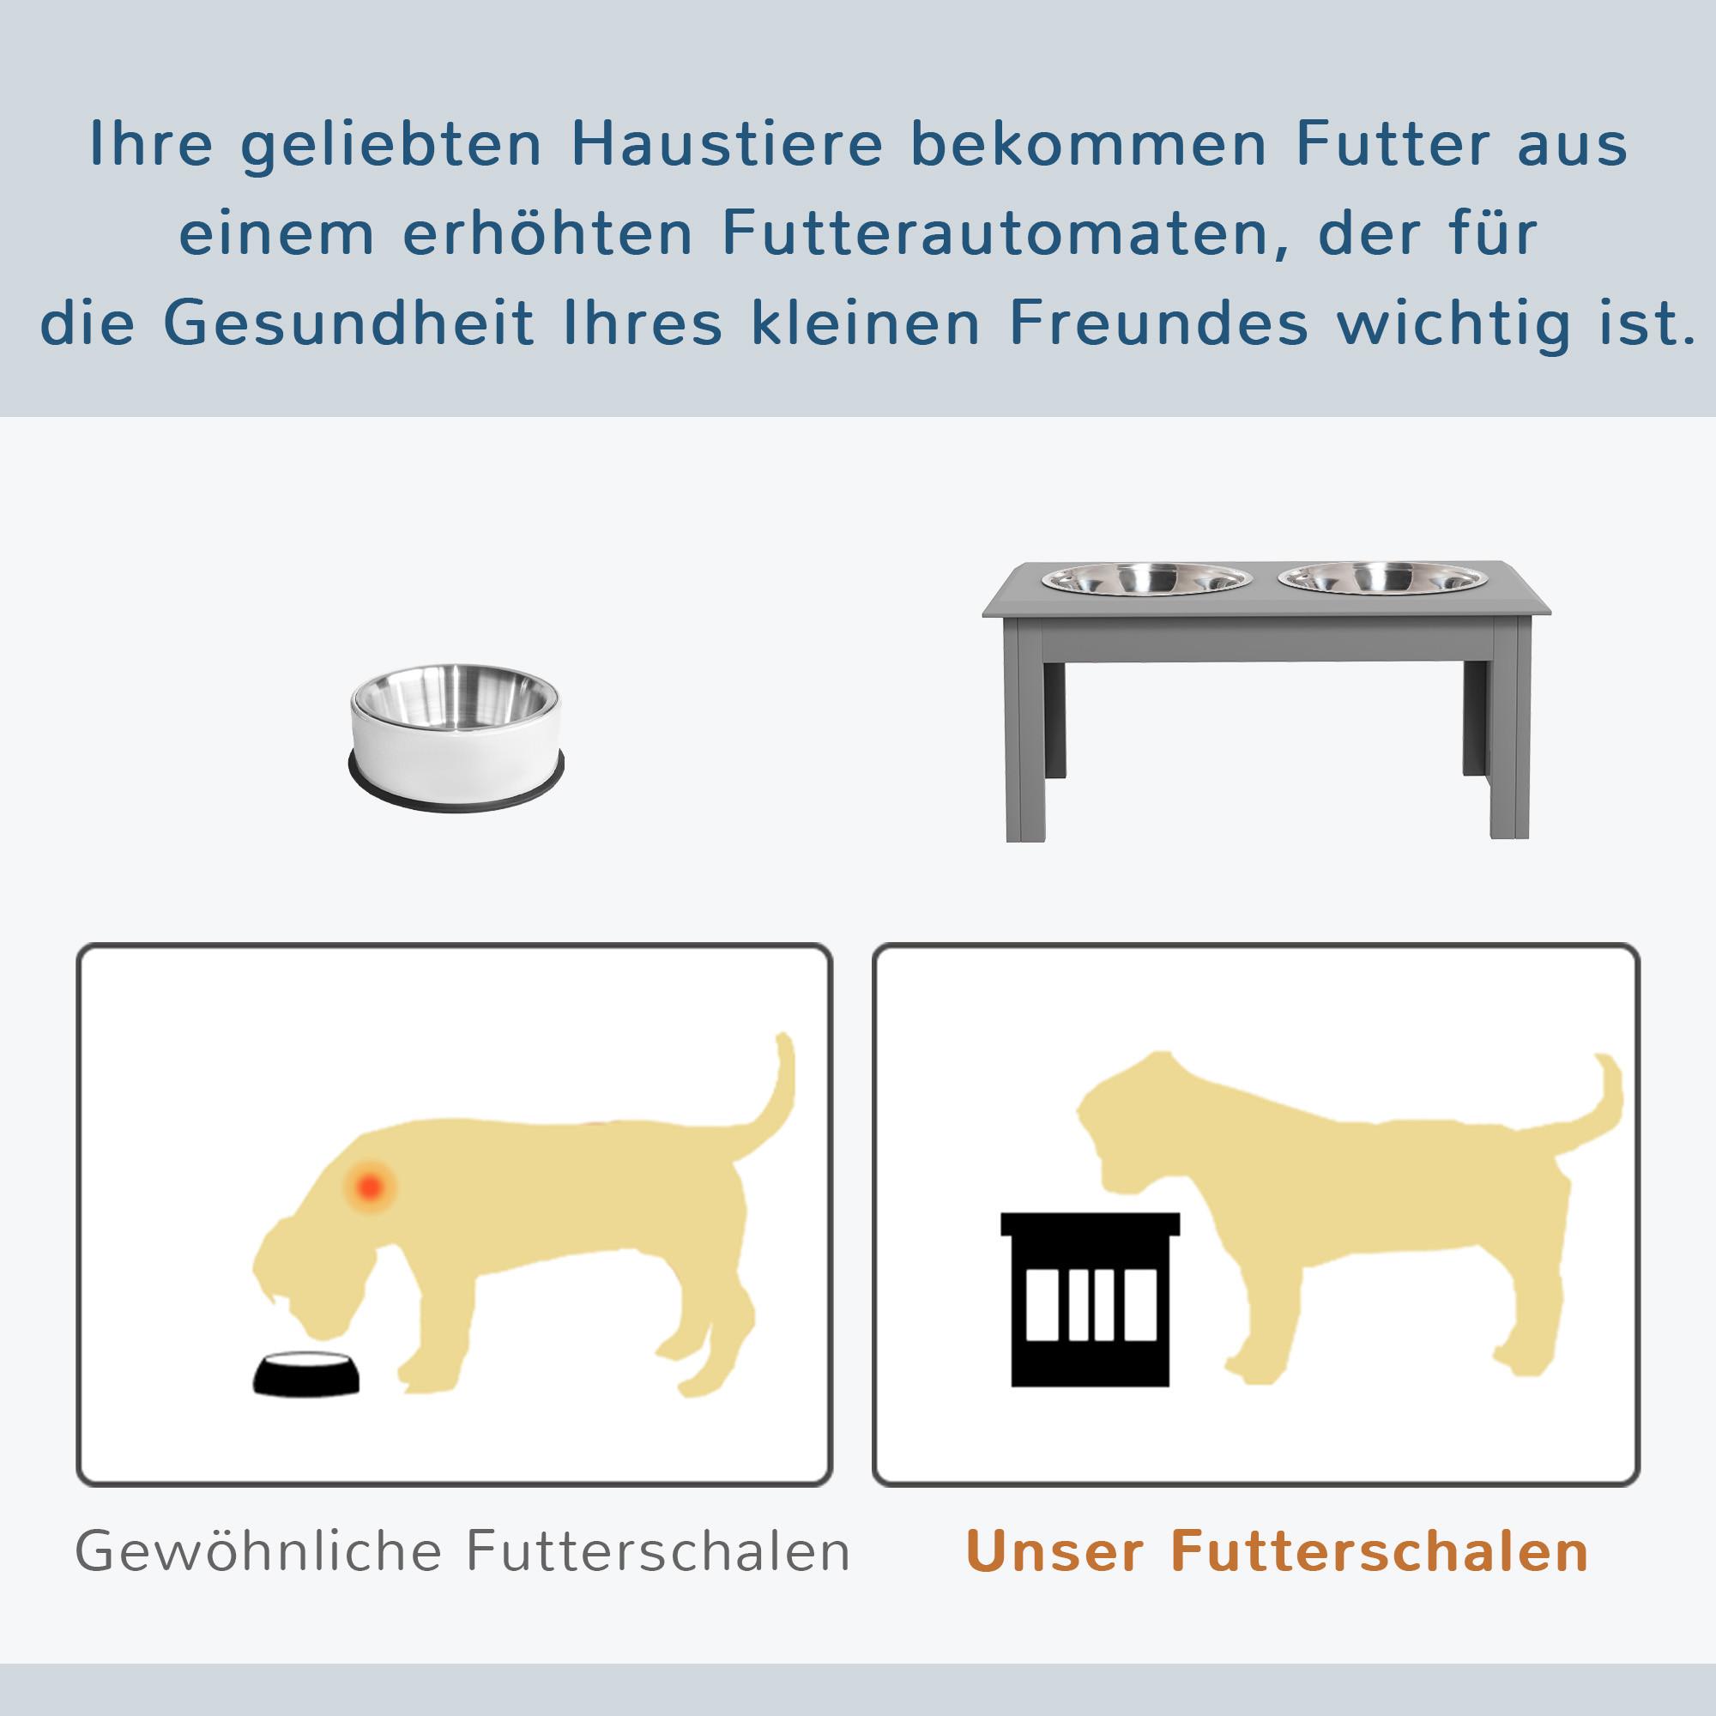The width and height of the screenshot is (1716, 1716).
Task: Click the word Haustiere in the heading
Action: (x=727, y=144)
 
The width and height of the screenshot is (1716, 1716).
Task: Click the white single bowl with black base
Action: (x=456, y=737)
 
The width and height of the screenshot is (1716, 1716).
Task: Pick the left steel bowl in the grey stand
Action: (x=1146, y=579)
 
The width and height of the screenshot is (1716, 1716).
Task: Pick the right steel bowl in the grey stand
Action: (x=1383, y=578)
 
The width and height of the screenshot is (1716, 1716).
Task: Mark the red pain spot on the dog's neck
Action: (x=370, y=1186)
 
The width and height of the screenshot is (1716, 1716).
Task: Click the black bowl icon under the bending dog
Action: (x=306, y=1374)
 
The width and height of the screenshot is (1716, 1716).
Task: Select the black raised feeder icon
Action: (x=1090, y=1299)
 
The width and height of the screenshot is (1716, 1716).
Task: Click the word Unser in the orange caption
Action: (x=1054, y=1551)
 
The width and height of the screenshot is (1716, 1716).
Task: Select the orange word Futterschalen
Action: (x=1380, y=1551)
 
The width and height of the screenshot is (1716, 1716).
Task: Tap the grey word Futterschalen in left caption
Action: (x=658, y=1551)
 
